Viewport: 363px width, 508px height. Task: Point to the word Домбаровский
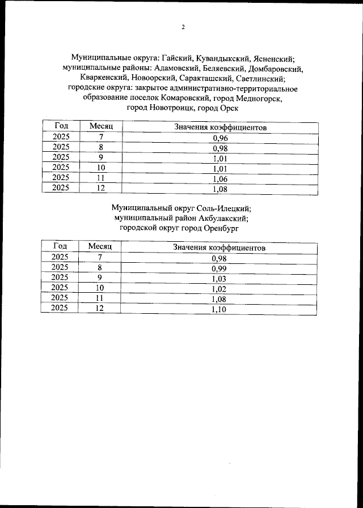[x=276, y=69]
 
